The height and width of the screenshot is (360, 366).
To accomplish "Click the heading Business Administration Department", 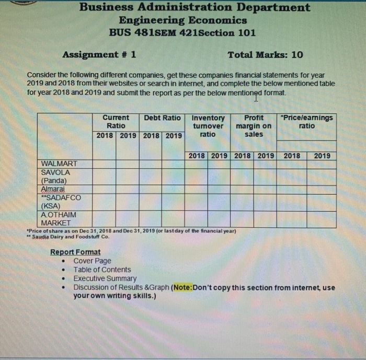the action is [x=195, y=8].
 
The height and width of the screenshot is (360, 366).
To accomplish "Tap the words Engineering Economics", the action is [x=182, y=20].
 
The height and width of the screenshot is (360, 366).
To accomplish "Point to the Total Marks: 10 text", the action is [x=265, y=55].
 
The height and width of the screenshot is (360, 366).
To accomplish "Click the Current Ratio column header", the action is [x=116, y=122].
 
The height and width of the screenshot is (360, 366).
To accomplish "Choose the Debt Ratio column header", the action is [x=162, y=118].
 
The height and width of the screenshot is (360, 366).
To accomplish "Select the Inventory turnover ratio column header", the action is [x=208, y=126].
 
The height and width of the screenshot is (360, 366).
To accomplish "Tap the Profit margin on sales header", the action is [x=254, y=126].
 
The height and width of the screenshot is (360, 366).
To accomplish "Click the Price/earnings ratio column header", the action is [x=306, y=122].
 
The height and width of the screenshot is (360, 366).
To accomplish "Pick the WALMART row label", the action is [x=58, y=164].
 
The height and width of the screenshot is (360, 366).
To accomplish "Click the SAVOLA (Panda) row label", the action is [x=55, y=176].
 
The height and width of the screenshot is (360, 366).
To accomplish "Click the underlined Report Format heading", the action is [x=75, y=252].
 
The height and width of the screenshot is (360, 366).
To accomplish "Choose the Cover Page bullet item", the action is [x=92, y=261].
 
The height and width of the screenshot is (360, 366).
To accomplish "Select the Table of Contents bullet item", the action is [x=102, y=270].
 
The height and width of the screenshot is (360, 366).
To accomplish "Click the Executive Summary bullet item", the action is [x=105, y=278].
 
